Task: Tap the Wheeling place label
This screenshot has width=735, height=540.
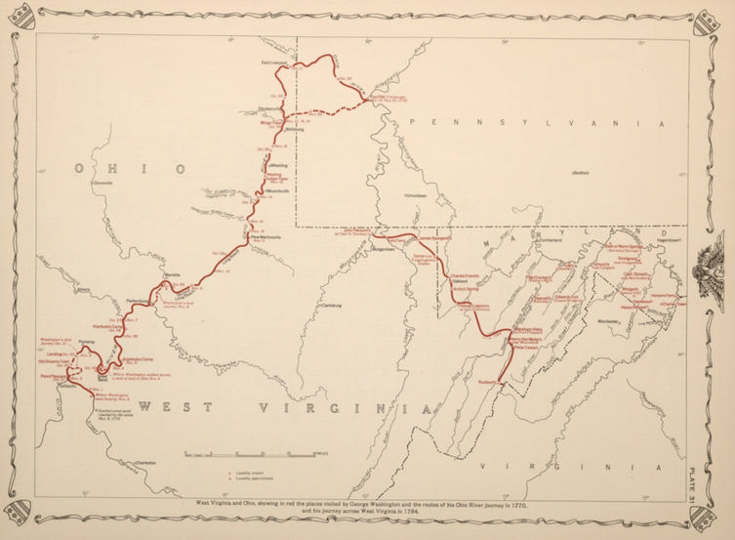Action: (x=277, y=166)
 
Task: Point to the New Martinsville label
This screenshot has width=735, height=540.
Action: (x=268, y=236)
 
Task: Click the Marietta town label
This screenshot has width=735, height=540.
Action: (x=173, y=275)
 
